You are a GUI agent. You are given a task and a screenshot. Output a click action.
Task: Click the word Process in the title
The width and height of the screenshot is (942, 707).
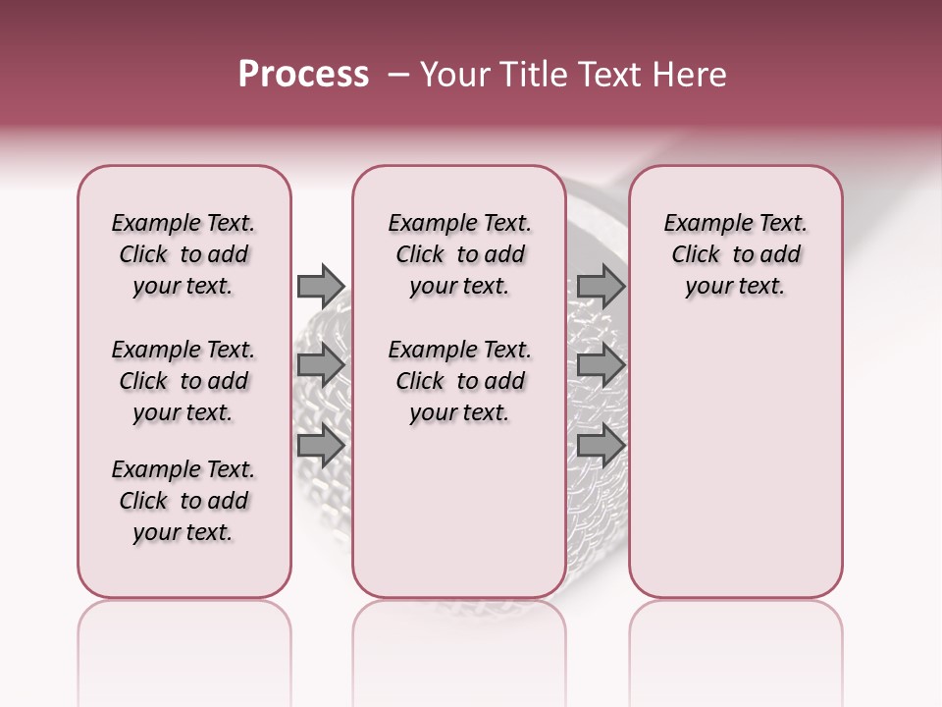pyautogui.click(x=303, y=75)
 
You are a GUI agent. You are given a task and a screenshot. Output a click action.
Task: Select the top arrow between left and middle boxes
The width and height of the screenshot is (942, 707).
pyautogui.click(x=320, y=286)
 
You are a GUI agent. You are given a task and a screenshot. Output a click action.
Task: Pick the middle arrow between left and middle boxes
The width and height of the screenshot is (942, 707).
pyautogui.click(x=320, y=365)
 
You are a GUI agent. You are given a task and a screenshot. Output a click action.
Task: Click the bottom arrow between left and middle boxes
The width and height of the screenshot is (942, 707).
pyautogui.click(x=320, y=446)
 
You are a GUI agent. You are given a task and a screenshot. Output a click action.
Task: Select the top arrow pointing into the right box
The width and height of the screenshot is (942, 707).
pyautogui.click(x=601, y=286)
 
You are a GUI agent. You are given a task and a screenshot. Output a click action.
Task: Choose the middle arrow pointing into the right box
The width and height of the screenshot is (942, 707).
pyautogui.click(x=601, y=365)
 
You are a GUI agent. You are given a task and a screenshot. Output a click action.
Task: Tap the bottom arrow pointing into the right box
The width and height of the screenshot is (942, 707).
pyautogui.click(x=601, y=446)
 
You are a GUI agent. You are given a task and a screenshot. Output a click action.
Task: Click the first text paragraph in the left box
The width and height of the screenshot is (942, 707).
pyautogui.click(x=183, y=254)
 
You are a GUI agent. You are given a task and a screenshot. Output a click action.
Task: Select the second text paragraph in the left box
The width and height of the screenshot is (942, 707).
pyautogui.click(x=183, y=381)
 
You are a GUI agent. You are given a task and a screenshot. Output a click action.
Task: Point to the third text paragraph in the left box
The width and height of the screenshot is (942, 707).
pyautogui.click(x=183, y=501)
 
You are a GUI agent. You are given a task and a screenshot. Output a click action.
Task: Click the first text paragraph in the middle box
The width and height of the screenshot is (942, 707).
pyautogui.click(x=459, y=254)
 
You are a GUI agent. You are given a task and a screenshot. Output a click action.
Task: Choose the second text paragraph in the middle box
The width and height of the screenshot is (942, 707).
pyautogui.click(x=459, y=381)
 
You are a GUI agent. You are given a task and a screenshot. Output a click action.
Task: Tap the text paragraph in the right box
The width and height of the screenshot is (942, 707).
pyautogui.click(x=735, y=254)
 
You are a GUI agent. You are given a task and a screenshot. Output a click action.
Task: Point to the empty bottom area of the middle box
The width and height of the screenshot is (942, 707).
pyautogui.click(x=459, y=520)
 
